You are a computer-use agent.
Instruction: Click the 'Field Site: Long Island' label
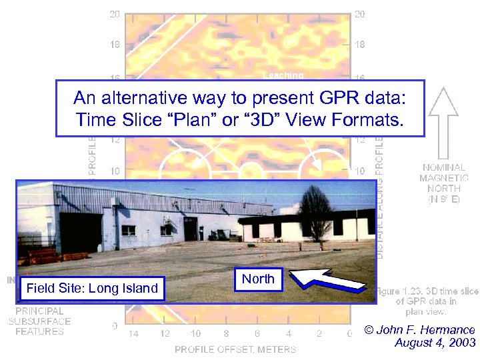point(91,288)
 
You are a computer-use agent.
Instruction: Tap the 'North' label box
point(258,279)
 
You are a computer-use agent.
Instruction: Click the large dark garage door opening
point(81,233)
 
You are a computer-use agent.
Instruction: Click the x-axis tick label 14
point(133,333)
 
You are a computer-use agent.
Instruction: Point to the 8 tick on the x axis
point(227,333)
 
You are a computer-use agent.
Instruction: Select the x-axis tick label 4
point(289,333)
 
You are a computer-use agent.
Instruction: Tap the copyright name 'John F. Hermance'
point(427,330)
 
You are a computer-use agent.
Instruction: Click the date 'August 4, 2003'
point(435,343)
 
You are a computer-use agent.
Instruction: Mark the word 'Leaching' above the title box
point(283,75)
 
